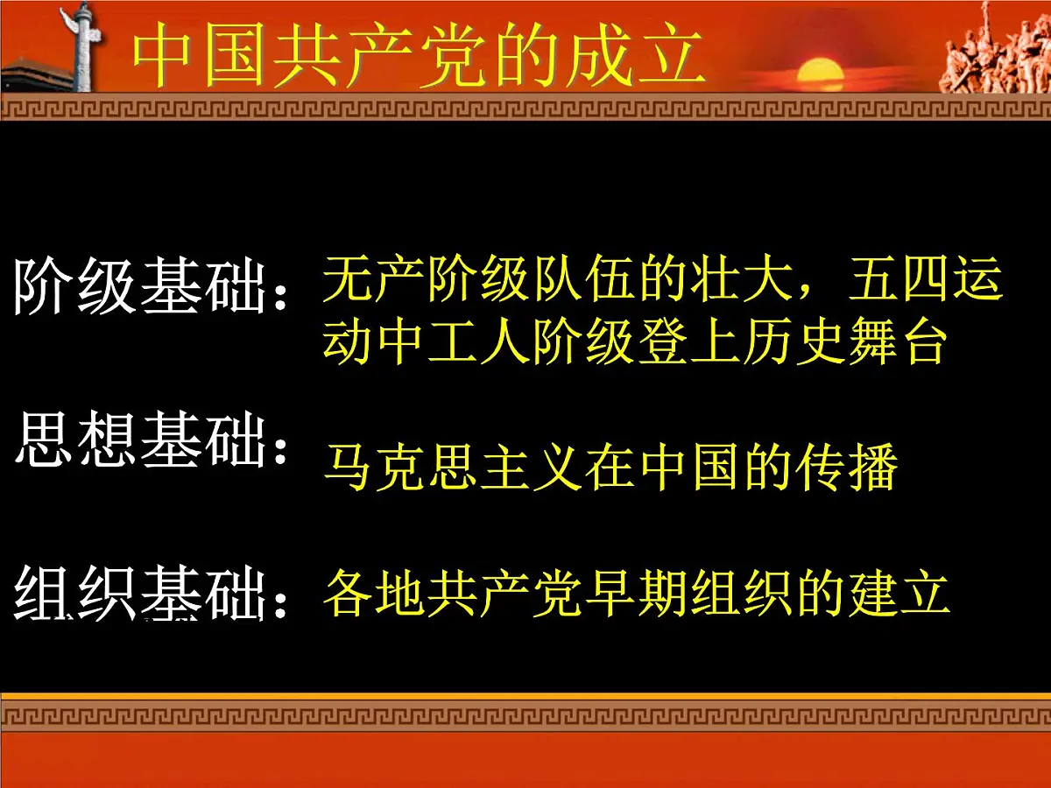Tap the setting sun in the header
pyautogui.click(x=820, y=72)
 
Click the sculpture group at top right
pyautogui.click(x=995, y=53)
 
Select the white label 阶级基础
pyautogui.click(x=140, y=286)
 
